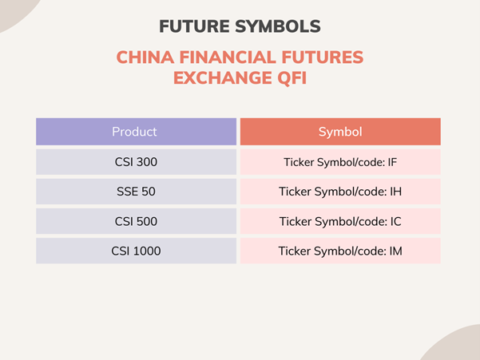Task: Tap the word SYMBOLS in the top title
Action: pos(279,26)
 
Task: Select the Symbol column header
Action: pos(340,132)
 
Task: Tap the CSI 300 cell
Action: pos(136,162)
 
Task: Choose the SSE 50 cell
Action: pos(136,192)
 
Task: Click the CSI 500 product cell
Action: pos(136,221)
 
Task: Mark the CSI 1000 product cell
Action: pos(136,251)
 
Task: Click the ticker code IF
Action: pos(392,163)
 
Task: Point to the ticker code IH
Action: pos(395,192)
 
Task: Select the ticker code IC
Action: pos(395,222)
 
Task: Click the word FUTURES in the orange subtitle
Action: pos(324,58)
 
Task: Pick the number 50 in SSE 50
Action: pos(149,192)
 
